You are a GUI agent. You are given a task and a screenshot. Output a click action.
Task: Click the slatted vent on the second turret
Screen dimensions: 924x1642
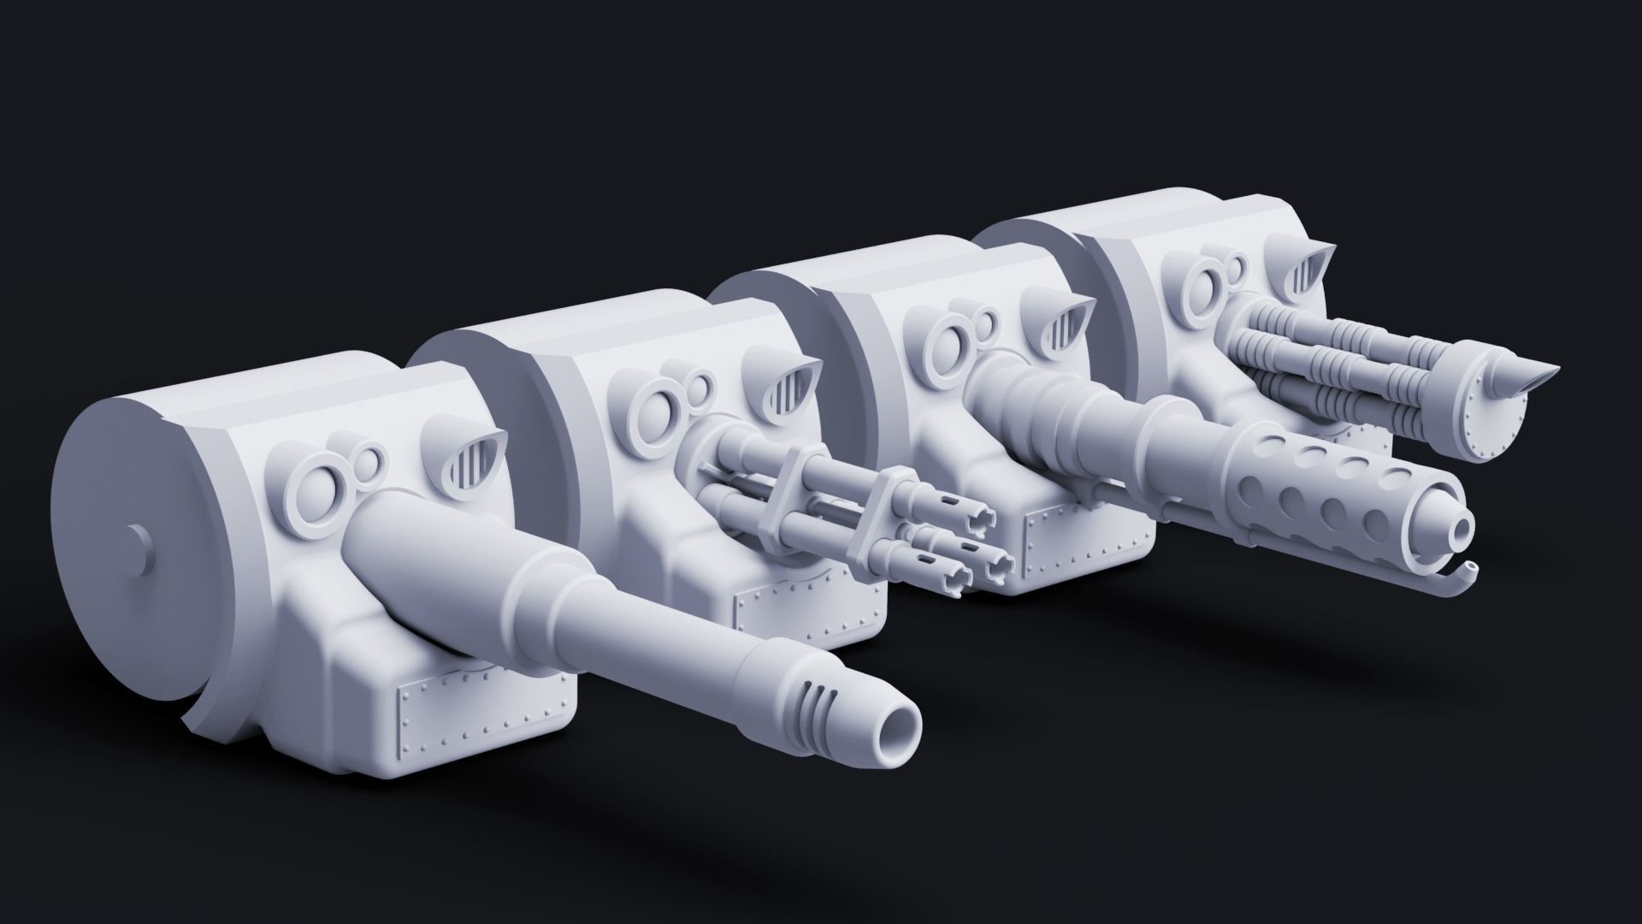point(789,374)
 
